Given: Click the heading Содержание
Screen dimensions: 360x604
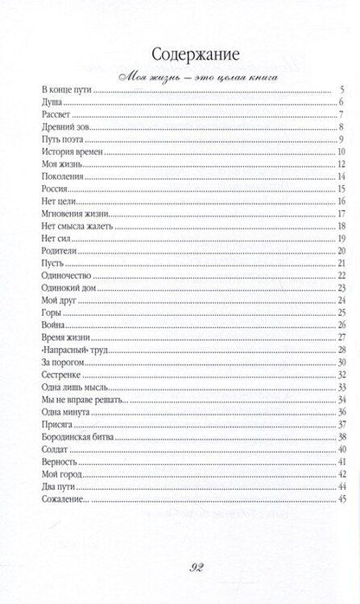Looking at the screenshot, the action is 180,50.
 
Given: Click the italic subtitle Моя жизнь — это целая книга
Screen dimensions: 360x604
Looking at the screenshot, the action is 180,76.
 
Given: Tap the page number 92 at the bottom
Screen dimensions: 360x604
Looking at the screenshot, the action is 180,568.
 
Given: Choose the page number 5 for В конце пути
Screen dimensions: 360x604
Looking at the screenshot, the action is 344,90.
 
